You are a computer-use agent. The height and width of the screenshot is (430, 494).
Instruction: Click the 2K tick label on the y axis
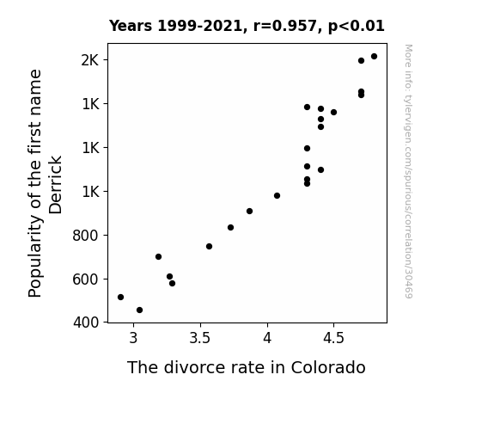coord(90,60)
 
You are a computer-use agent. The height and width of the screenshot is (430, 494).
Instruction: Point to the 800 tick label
coord(85,236)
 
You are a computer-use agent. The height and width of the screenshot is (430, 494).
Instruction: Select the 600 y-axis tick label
coord(85,279)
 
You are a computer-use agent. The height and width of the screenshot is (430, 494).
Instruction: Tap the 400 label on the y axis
coord(86,322)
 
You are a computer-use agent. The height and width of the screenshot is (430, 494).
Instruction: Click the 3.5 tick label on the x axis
coord(199,338)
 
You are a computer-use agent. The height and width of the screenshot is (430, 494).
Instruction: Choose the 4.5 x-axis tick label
coord(333,338)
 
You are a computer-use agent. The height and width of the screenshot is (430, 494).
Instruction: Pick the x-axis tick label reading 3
coord(133,338)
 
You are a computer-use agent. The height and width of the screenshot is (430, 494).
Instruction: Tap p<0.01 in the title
coord(357,27)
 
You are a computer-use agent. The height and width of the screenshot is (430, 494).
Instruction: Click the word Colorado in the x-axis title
coord(328,367)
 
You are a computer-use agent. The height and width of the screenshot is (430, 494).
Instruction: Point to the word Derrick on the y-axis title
coord(56,185)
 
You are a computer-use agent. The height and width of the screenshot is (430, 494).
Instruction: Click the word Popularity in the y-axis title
coord(34,256)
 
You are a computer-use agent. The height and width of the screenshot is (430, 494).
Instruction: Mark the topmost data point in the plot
coord(374,57)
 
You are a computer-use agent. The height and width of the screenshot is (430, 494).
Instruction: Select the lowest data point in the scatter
coord(139,310)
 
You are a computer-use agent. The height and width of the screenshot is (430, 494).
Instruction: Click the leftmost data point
coord(120,298)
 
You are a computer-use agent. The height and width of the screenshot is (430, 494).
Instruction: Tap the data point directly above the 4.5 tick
coord(333,113)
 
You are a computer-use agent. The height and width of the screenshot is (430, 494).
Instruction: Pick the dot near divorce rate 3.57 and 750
coord(209,247)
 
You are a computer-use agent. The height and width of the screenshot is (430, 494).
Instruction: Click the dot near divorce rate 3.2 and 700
coord(158,257)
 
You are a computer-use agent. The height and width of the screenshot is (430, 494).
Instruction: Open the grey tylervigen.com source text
coord(408,171)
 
